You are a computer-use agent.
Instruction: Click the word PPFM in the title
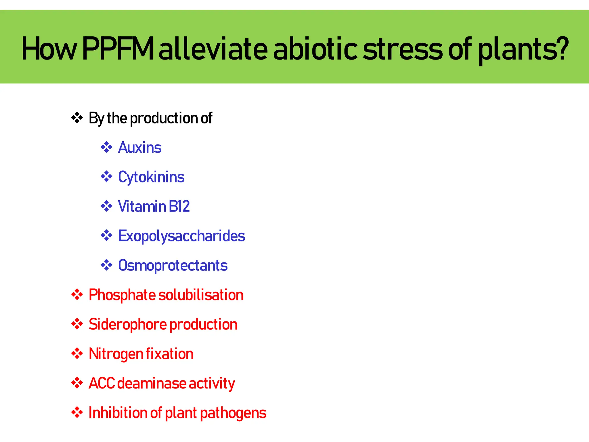click(118, 49)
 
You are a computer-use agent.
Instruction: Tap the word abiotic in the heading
click(315, 49)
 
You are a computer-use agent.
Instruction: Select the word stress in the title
click(403, 49)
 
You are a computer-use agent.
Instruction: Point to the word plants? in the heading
click(523, 49)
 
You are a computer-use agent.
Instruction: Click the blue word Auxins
click(140, 148)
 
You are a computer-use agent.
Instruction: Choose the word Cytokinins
click(151, 177)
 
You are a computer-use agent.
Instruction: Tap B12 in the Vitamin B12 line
click(179, 206)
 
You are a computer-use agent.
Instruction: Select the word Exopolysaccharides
click(181, 236)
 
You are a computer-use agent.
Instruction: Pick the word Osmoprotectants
click(173, 265)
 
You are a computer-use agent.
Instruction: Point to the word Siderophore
click(127, 325)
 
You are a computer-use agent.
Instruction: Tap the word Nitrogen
click(116, 354)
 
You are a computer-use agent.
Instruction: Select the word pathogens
click(233, 413)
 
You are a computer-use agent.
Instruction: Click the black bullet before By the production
click(77, 118)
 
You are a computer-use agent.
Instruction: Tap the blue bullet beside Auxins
click(106, 147)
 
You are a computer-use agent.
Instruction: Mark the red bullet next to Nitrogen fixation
click(77, 353)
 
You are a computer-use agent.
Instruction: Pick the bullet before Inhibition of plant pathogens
click(77, 412)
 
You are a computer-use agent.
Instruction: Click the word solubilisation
click(201, 295)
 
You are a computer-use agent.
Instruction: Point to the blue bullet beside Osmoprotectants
click(106, 265)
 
